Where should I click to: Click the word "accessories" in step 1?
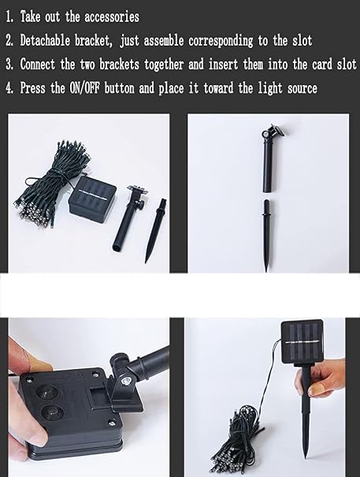(x=112, y=17)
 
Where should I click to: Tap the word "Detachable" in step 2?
(x=45, y=40)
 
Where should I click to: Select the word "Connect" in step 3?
(x=38, y=64)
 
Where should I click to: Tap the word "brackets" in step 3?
(x=120, y=64)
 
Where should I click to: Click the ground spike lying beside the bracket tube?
(x=154, y=231)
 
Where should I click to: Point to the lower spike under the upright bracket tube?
(x=266, y=235)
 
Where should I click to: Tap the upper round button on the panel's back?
(x=47, y=391)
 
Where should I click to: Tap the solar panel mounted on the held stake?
(x=302, y=342)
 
